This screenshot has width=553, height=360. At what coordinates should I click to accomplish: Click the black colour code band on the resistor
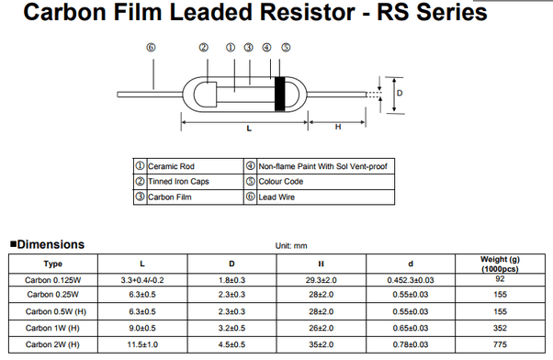coord(279,95)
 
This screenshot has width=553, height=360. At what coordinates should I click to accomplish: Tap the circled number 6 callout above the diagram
coord(151,48)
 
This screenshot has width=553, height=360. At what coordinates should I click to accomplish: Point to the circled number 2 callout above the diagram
coord(204,48)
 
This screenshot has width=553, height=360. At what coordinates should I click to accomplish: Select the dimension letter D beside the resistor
coord(400,93)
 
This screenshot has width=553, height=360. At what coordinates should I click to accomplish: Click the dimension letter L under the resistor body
coord(249,129)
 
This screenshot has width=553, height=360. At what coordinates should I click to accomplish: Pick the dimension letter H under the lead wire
coord(338,127)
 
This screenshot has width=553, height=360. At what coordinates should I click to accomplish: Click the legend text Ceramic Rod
coord(171,166)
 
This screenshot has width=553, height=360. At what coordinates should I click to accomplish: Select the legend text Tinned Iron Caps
coord(178,182)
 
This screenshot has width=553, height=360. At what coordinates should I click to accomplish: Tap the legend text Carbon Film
coord(170,197)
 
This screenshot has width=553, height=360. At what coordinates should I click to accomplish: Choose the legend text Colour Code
coord(281,182)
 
